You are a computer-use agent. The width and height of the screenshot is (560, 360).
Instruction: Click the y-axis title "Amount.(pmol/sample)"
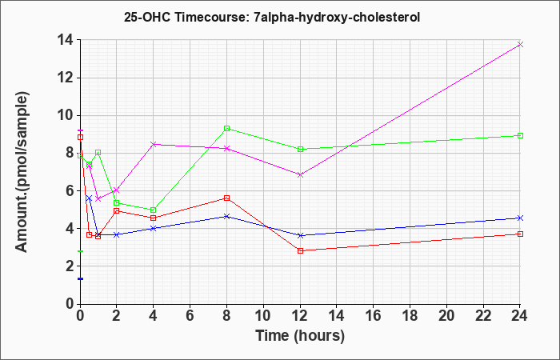click(22, 172)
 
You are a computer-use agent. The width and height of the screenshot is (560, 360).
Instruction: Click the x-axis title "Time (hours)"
click(300, 336)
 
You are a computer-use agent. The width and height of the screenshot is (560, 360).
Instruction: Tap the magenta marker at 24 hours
click(520, 44)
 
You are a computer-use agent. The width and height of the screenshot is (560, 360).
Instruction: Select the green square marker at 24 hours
click(520, 136)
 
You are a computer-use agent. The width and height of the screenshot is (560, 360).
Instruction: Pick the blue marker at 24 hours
click(520, 218)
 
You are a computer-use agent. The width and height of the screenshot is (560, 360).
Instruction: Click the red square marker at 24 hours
click(520, 234)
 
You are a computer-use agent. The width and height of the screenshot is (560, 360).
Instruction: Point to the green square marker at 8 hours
click(226, 128)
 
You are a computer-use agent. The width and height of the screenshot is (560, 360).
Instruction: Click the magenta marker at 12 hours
click(300, 174)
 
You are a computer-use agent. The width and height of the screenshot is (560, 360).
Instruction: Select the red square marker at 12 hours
click(300, 250)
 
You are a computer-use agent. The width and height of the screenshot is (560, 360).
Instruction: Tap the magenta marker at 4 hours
click(154, 144)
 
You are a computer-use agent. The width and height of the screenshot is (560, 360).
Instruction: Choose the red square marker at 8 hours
click(226, 198)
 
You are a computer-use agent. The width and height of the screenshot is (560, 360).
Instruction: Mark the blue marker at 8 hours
click(226, 217)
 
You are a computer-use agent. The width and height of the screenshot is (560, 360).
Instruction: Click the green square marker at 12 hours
click(300, 150)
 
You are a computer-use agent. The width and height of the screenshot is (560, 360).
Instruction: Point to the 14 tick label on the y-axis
click(66, 40)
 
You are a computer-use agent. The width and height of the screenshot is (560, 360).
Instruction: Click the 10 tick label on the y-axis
click(66, 116)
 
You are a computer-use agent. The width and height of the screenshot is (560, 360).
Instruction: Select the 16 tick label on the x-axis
click(374, 315)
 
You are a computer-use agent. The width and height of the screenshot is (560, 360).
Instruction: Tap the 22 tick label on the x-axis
click(483, 315)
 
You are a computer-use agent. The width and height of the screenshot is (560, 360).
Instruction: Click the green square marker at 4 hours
click(154, 210)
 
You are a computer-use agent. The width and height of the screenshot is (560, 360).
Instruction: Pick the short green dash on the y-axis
click(81, 251)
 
